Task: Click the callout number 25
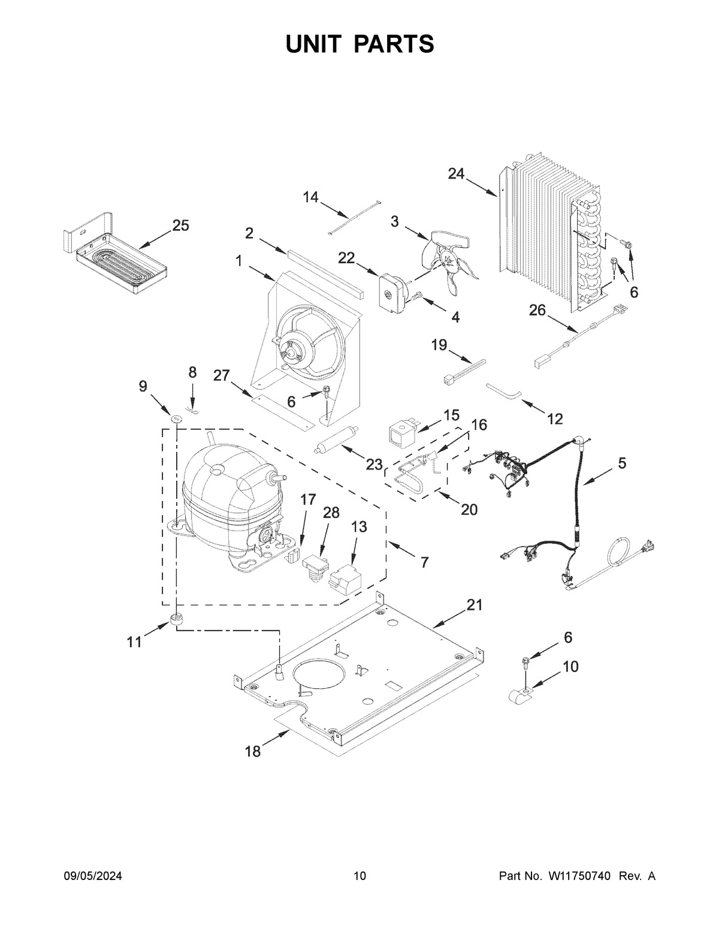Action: tap(180, 226)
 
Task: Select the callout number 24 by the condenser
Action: tap(456, 174)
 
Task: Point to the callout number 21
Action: tap(474, 605)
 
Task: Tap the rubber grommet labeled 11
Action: tap(176, 619)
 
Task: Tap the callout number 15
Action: tap(451, 415)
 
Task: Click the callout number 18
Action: tap(253, 752)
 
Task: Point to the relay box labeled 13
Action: tap(342, 579)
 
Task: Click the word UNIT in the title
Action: tap(315, 44)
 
